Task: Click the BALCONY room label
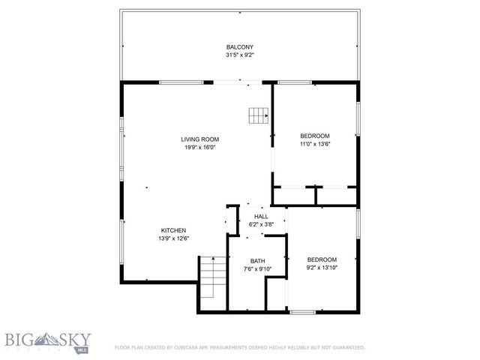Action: pos(240,46)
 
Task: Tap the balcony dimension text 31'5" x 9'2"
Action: pos(240,55)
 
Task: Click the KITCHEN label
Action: pos(173,230)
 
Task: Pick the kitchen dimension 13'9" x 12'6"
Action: pos(173,238)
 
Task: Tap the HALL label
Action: pos(261,216)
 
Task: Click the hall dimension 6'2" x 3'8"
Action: pos(261,223)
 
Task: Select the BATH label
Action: pos(257,261)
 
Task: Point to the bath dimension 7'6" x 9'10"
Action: pos(257,268)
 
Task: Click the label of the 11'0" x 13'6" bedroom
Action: pos(315,136)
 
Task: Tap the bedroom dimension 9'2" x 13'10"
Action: pos(322,267)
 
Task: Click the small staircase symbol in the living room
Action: pos(259,115)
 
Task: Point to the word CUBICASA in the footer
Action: pos(187,348)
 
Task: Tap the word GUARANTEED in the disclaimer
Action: pos(349,348)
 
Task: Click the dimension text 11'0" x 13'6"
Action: pos(315,144)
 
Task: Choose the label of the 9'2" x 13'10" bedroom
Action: pos(322,259)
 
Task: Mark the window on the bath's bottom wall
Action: pos(303,311)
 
